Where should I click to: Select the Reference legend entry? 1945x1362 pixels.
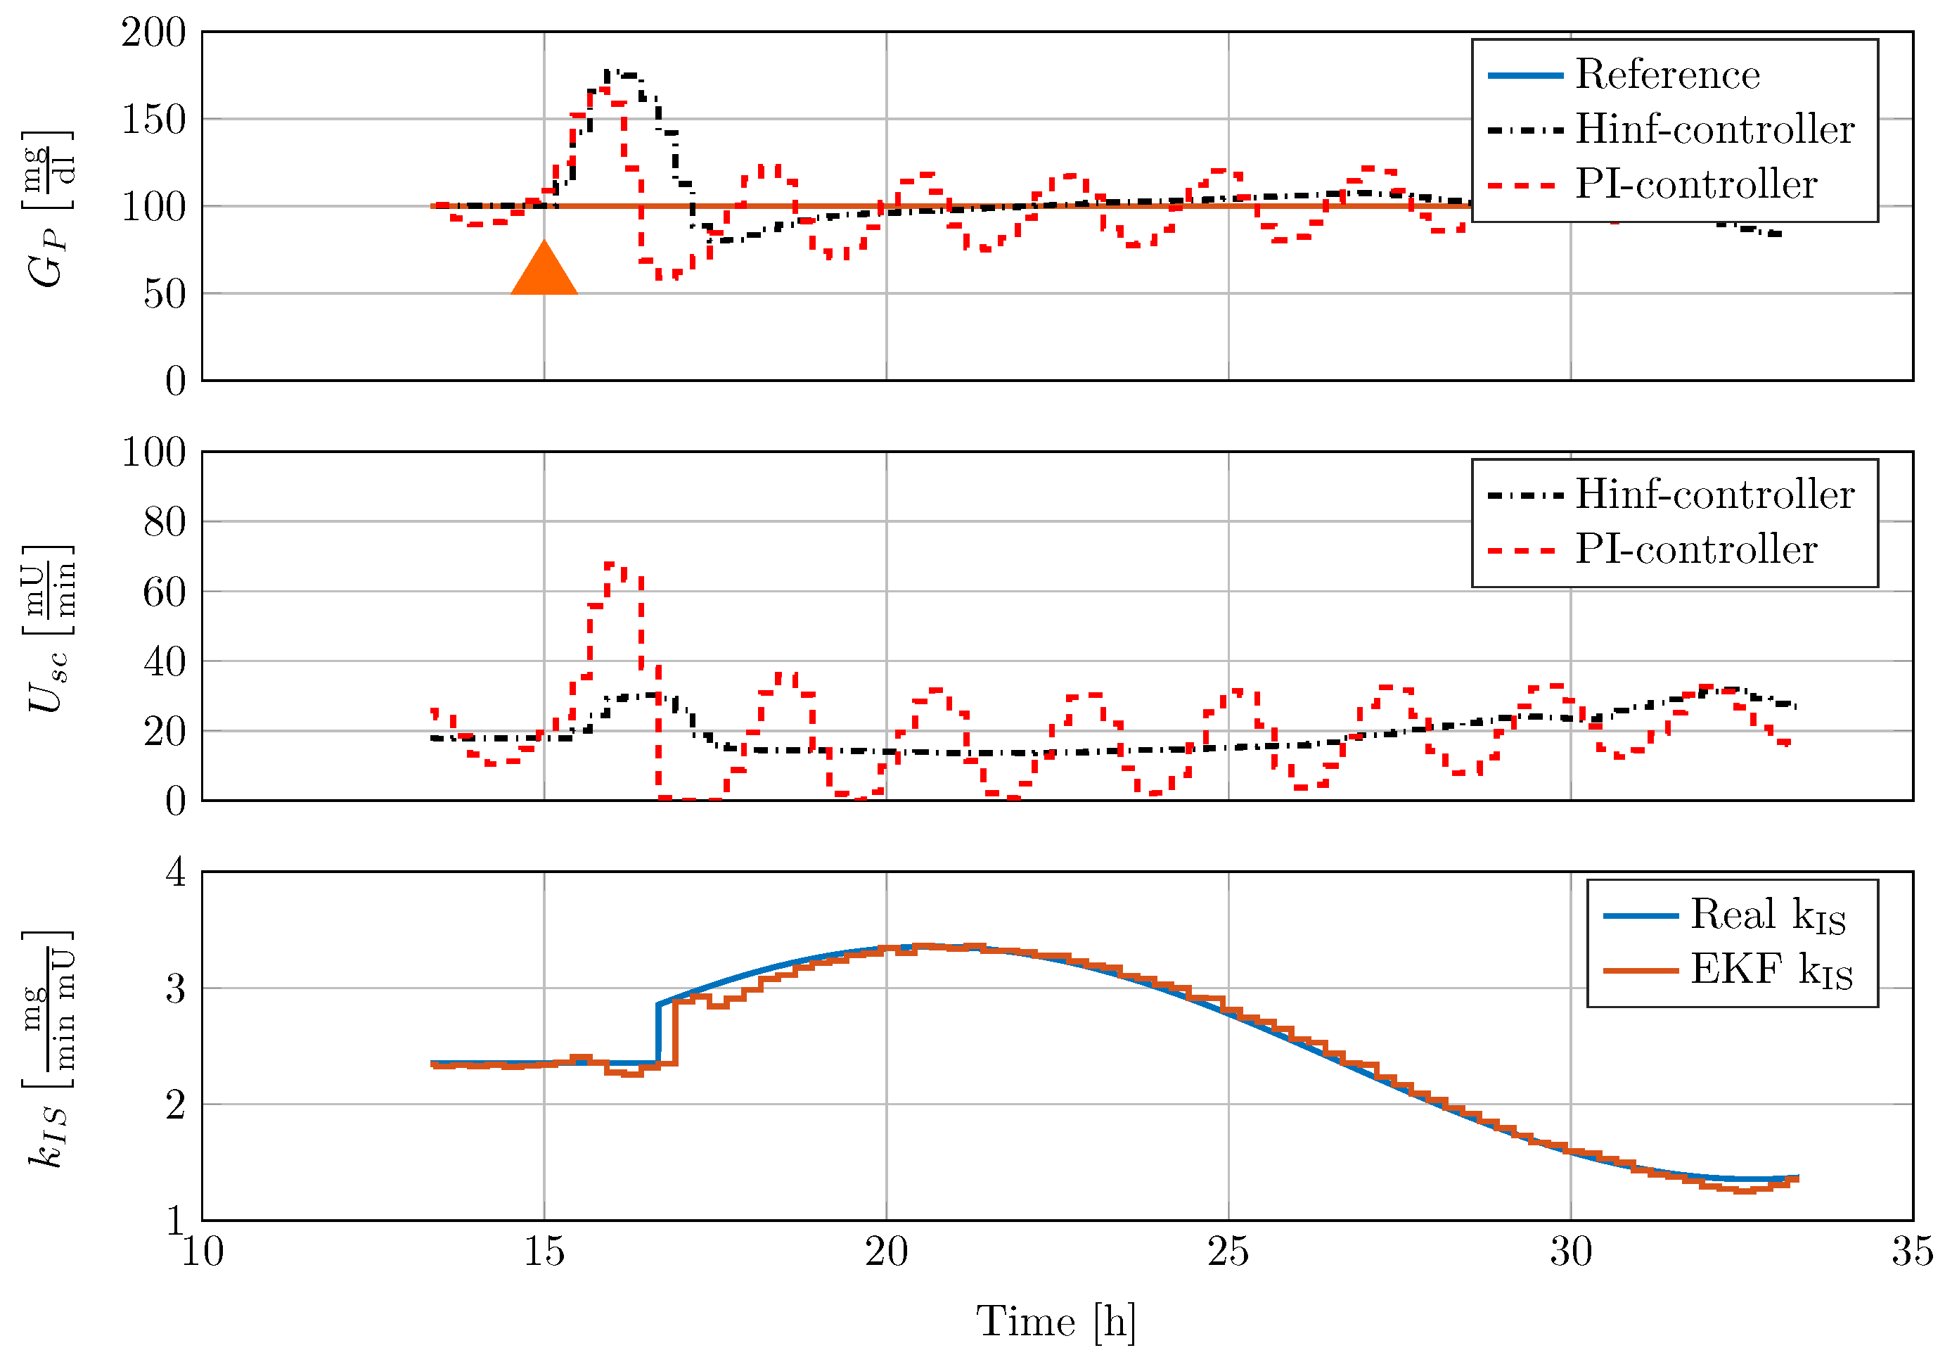(1667, 75)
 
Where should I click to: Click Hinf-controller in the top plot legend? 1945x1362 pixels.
(1713, 129)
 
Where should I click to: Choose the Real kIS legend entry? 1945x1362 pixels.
(1766, 915)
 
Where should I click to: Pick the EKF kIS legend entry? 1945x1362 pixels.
(1770, 970)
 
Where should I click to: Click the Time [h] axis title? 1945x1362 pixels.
(1055, 1321)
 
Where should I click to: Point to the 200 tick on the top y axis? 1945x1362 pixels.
(153, 33)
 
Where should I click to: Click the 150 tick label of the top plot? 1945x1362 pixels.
(153, 120)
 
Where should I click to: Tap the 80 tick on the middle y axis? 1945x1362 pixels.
(165, 522)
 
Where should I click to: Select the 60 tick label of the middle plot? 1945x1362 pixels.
(165, 592)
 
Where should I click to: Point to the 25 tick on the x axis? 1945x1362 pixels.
(1228, 1252)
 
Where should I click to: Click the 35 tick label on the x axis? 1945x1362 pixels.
(1912, 1252)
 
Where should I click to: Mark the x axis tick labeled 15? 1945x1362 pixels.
(544, 1252)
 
